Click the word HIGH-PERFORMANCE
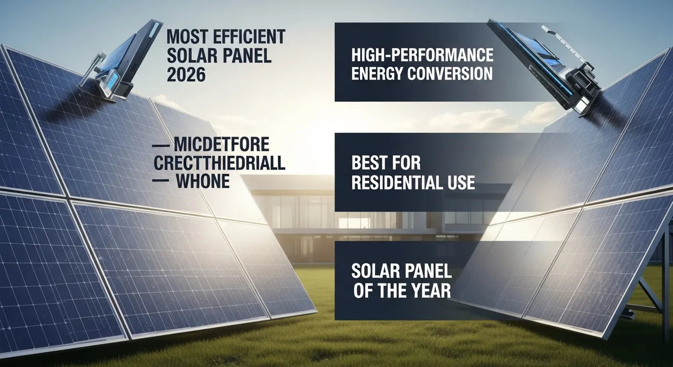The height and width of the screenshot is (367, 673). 422,55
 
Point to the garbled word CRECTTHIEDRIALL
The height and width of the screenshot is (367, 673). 219,163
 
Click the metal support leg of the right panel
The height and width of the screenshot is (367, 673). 665,287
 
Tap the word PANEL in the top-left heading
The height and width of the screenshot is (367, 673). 244,56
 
